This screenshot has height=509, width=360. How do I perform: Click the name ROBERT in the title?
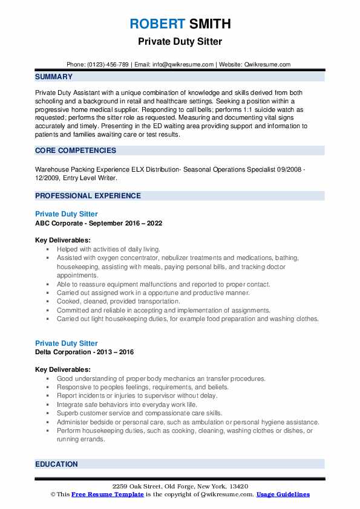click(156, 24)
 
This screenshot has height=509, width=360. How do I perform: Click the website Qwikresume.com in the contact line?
click(269, 64)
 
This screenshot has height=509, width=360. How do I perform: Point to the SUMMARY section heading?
click(54, 77)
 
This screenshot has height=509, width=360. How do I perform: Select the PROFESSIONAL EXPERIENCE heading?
click(88, 196)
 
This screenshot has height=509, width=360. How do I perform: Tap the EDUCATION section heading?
click(56, 464)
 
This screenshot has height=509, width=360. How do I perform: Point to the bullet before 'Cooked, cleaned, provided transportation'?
click(47, 302)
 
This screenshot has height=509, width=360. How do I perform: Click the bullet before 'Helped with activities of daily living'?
click(47, 249)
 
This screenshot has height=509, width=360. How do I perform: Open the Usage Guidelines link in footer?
click(283, 494)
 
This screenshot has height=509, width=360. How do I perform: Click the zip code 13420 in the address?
click(238, 487)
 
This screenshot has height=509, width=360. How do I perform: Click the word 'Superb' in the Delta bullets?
click(68, 413)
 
